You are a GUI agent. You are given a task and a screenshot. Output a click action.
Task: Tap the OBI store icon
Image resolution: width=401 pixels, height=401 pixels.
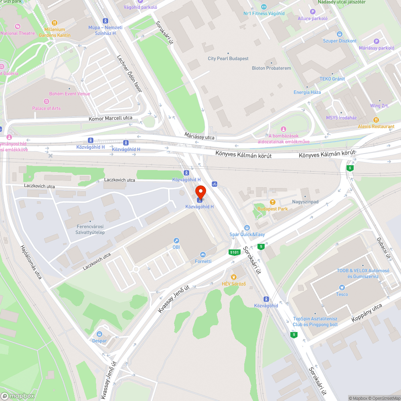176,241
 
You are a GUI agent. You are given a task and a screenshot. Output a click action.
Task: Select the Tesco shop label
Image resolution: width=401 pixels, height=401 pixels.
342,294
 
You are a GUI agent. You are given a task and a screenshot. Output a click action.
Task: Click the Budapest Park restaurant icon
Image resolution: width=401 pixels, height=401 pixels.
273,202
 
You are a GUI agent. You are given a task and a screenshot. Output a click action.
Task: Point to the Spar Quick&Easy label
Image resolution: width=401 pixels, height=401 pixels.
247,235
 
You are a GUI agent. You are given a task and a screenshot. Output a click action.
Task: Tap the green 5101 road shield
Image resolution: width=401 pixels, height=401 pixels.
235,252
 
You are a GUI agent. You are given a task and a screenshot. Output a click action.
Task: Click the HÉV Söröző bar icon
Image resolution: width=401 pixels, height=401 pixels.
234,277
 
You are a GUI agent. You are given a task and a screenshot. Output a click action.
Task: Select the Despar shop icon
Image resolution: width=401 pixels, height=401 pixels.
99,334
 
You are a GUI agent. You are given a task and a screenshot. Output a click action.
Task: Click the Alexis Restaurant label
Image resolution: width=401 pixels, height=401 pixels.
376,126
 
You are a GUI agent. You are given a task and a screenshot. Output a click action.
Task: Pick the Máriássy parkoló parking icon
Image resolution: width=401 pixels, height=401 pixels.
376,41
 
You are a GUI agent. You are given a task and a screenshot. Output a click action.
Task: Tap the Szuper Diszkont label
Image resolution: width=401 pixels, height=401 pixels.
340,41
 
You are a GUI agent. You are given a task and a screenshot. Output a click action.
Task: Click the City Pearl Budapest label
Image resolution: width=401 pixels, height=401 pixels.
228,59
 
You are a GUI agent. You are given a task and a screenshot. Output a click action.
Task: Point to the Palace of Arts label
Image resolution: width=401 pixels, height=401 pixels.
47,108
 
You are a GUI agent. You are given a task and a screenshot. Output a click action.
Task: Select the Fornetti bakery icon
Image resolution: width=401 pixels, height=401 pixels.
203,255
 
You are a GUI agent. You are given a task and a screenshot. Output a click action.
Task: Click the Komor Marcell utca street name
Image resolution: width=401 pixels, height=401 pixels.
110,118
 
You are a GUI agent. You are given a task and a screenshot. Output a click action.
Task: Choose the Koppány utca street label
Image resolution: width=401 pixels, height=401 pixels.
367,313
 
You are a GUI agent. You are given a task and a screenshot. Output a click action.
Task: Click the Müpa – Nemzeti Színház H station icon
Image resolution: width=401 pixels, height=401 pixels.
105,20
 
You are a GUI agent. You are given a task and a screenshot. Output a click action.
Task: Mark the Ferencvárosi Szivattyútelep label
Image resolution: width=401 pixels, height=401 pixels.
90,229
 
